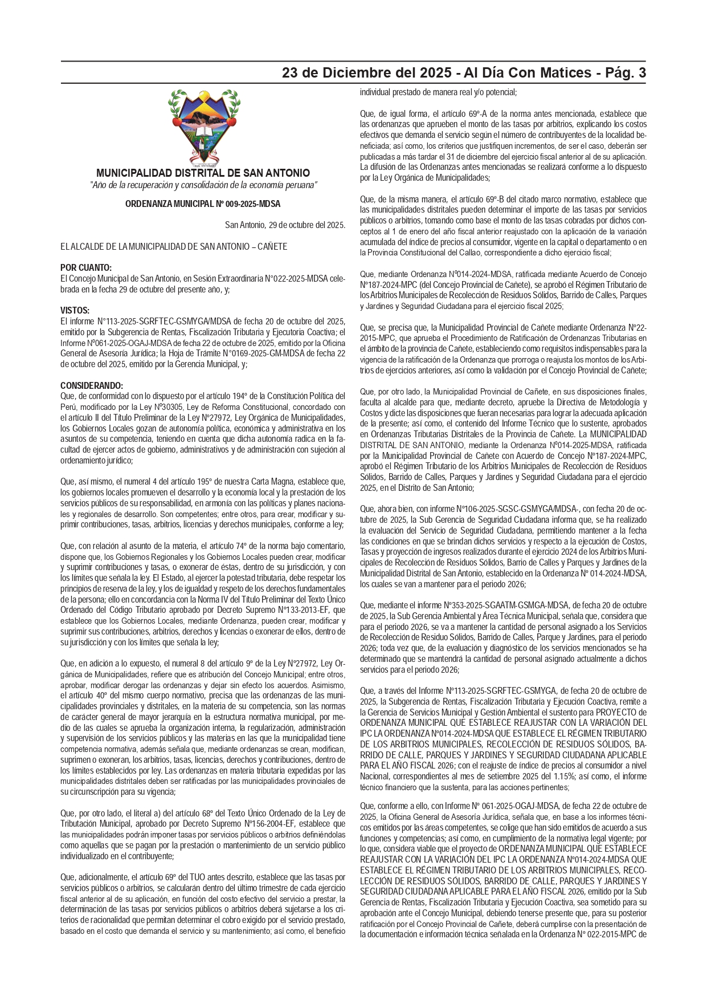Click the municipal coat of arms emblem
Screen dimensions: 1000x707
203,127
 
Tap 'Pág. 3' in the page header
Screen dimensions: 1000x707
626,73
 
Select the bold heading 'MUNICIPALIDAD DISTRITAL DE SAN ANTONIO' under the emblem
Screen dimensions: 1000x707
203,173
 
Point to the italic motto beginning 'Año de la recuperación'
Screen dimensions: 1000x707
203,185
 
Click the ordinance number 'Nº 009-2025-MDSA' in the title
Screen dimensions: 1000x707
248,204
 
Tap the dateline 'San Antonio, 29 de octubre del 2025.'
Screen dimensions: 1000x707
285,225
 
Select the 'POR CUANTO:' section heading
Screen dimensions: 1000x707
86,268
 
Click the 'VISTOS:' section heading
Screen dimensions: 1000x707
75,310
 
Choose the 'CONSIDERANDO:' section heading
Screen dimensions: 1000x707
91,385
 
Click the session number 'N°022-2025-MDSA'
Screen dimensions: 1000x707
284,279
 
